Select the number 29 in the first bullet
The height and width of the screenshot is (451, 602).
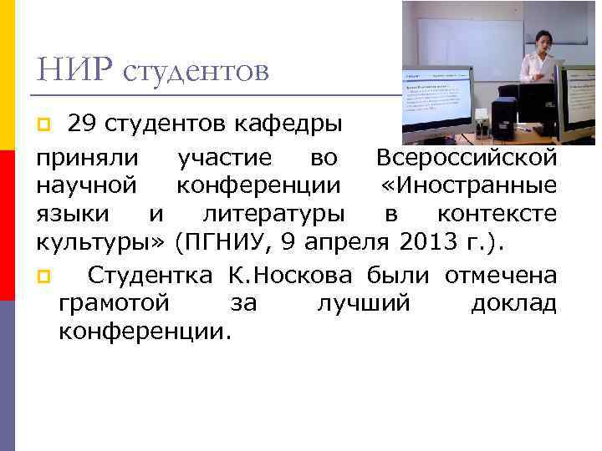tap(82, 125)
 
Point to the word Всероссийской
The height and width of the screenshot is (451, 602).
tap(466, 156)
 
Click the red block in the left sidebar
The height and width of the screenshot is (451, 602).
tap(8, 225)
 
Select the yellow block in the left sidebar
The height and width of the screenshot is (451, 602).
tap(8, 75)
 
